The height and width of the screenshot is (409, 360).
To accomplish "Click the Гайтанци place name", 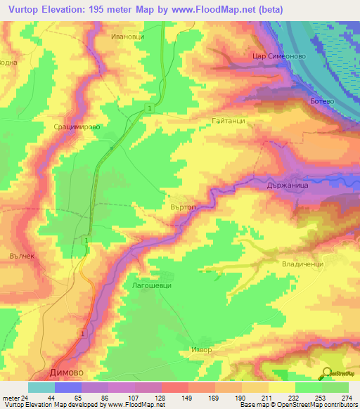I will click(x=228, y=121).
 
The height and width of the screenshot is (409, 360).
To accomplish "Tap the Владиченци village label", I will click(x=302, y=264).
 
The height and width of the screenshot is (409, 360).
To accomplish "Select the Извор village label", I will click(x=200, y=349).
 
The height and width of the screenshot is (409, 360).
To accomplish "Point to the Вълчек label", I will click(x=22, y=257).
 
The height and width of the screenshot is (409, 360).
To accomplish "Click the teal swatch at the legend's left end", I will click(x=41, y=387).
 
